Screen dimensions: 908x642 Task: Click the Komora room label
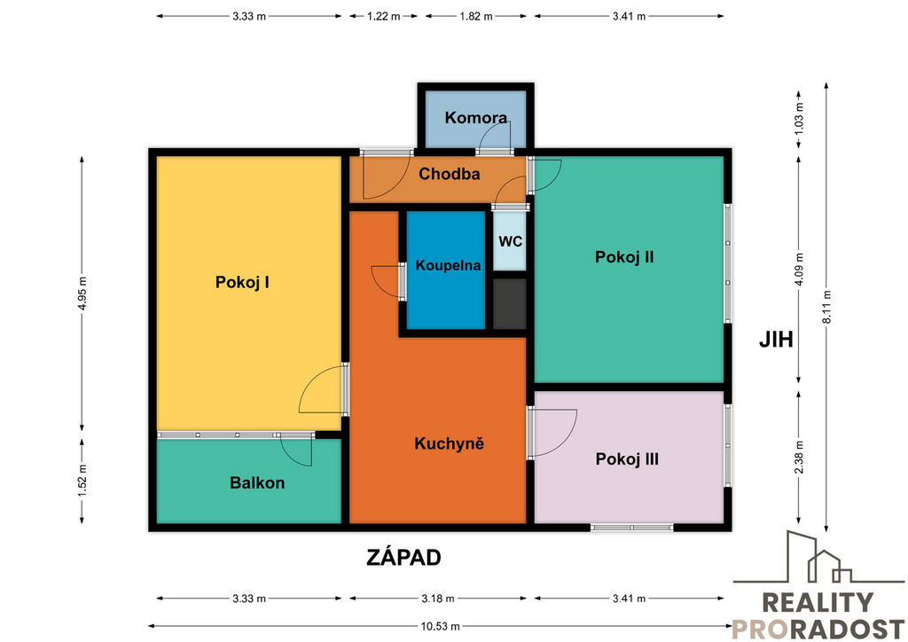[476, 118]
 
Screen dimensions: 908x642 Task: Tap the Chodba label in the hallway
[450, 175]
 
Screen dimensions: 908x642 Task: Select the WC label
[510, 241]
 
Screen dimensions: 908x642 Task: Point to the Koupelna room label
[448, 266]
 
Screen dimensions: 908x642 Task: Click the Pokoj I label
[242, 283]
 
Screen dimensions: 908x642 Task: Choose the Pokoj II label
[624, 257]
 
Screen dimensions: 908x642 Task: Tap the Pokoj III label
[627, 459]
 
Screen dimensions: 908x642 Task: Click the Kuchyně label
[450, 444]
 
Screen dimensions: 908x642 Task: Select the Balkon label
[257, 482]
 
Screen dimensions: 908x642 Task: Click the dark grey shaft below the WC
[510, 304]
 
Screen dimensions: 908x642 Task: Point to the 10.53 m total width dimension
[440, 626]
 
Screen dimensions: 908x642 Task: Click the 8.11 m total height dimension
[826, 307]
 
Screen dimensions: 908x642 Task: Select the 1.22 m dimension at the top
[383, 16]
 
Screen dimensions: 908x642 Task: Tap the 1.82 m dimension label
[476, 16]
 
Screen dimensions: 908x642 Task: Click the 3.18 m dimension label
[438, 599]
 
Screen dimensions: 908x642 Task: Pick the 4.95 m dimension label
[82, 293]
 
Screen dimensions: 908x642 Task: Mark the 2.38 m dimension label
[799, 456]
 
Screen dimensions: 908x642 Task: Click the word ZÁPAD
[404, 558]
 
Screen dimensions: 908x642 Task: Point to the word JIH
[776, 340]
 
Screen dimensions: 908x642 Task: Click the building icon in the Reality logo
[818, 557]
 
